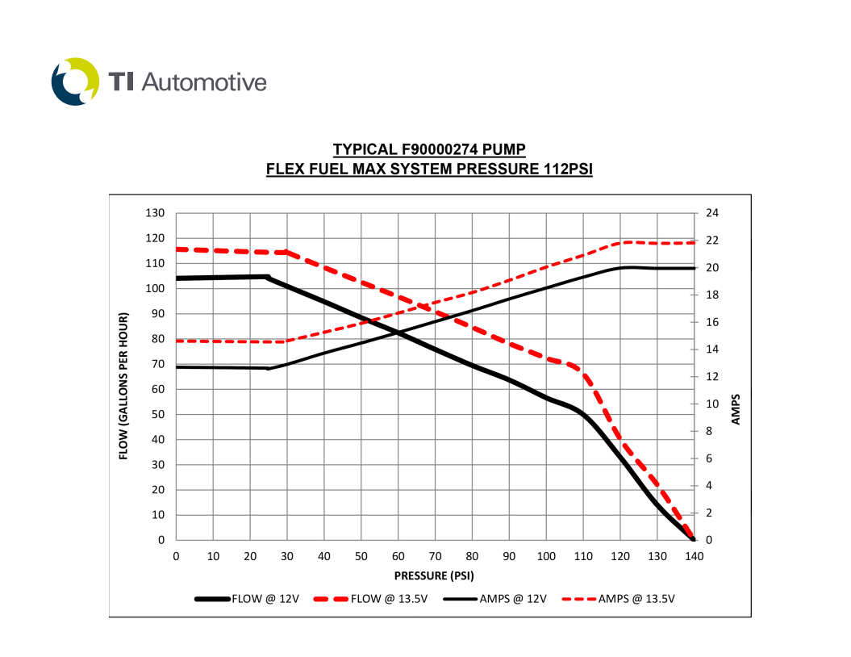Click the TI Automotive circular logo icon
pos(75,82)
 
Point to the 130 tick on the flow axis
pos(155,213)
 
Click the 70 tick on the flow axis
pos(158,364)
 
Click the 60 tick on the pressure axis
pos(398,556)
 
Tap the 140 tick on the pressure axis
pos(694,556)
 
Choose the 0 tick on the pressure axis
pos(176,556)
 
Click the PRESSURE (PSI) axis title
pos(434,575)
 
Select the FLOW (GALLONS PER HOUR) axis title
pos(124,386)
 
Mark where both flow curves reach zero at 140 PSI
pos(693,539)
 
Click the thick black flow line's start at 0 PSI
pos(177,278)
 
